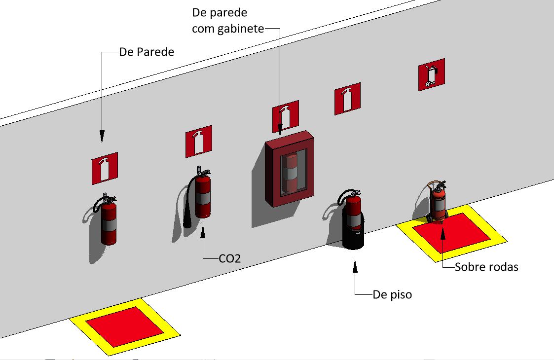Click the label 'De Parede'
(147, 52)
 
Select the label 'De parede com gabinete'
(228, 21)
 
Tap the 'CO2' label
(230, 258)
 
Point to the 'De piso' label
(392, 294)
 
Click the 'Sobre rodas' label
(486, 267)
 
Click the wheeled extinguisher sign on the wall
(431, 74)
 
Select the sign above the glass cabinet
(286, 116)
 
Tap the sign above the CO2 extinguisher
(199, 142)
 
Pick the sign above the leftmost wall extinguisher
(105, 169)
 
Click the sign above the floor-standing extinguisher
(348, 99)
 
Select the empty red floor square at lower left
(125, 327)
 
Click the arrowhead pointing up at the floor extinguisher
(355, 266)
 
